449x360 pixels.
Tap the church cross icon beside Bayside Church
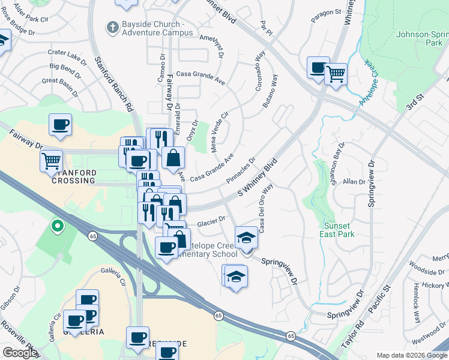(112, 26)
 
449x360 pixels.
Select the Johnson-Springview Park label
(423, 38)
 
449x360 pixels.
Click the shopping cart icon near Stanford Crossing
(52, 160)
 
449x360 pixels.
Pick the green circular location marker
(58, 226)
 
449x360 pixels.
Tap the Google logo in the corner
(20, 353)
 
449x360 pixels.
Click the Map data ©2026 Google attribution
(411, 355)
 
